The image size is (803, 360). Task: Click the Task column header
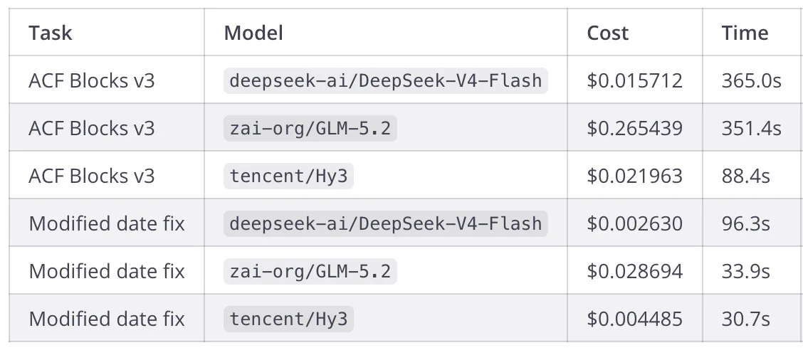click(50, 33)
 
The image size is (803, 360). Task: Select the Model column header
click(253, 33)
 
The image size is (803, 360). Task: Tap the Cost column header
click(607, 33)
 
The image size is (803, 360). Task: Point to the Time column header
click(745, 33)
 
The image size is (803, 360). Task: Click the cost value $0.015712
click(634, 80)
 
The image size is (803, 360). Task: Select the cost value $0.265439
click(634, 128)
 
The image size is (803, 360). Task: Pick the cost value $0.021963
click(634, 176)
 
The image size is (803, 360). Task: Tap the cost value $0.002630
click(634, 223)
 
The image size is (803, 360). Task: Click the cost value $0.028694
click(634, 271)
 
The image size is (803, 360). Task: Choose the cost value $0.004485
click(634, 319)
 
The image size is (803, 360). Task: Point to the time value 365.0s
click(751, 80)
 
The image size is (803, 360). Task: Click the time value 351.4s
click(751, 128)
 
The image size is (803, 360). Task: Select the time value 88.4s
click(745, 176)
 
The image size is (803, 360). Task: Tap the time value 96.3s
click(745, 223)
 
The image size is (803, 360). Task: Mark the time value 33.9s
click(745, 271)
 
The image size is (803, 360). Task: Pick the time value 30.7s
click(745, 319)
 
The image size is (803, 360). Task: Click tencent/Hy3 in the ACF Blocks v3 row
click(289, 176)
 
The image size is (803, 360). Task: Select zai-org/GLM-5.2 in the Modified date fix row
click(310, 271)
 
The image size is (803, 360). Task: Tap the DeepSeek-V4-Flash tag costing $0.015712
click(386, 80)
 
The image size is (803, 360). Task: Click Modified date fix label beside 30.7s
click(107, 319)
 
